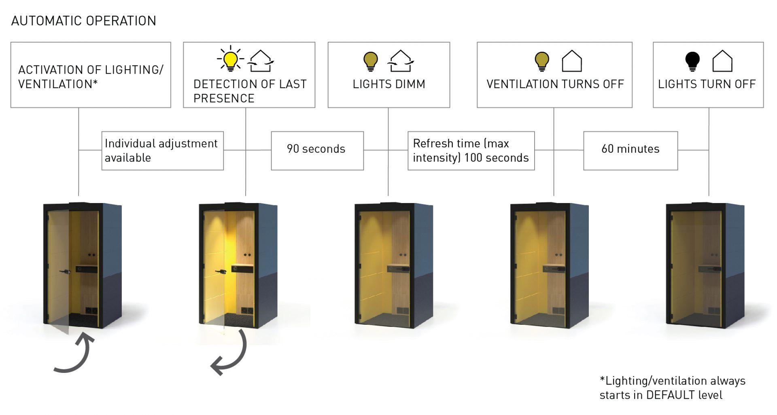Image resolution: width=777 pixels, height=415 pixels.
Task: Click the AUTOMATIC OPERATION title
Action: coord(84,21)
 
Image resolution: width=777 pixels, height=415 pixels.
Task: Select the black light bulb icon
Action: coord(692,61)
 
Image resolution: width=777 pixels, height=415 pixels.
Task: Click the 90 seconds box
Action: coord(317,150)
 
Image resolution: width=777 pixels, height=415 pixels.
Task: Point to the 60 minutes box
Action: coord(630,150)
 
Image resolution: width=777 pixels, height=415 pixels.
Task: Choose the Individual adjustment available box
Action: coord(162,150)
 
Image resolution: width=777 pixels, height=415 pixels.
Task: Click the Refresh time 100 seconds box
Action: coord(471,150)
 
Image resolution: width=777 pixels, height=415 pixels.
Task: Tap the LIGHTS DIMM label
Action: coord(389,84)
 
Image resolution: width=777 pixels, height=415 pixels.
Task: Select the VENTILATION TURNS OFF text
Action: coord(555,84)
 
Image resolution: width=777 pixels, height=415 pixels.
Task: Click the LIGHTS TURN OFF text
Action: coord(707,84)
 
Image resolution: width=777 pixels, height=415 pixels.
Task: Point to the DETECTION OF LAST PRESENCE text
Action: coord(249,91)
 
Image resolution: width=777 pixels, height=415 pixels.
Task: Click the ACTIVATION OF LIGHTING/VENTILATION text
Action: coord(91,77)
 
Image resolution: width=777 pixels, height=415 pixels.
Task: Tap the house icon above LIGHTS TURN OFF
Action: coord(722,61)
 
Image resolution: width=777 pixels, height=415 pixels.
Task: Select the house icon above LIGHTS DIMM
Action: coord(400,61)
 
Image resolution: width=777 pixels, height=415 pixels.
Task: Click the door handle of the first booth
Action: coord(64,271)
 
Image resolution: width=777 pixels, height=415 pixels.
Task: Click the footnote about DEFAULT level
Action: coord(672,387)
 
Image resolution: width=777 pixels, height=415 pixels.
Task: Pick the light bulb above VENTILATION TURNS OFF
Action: coord(542,61)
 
